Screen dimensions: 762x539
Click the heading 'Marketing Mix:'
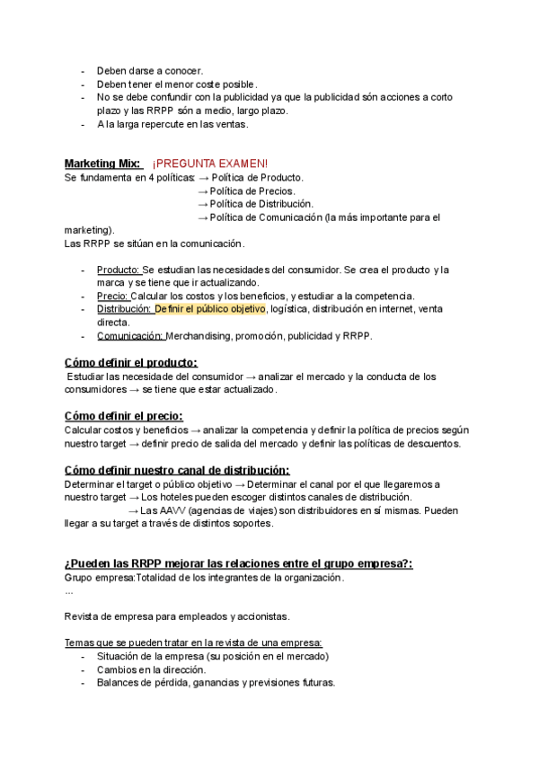pos(102,164)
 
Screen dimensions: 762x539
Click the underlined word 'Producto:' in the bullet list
pos(118,270)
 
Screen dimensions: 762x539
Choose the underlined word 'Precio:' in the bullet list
pos(112,297)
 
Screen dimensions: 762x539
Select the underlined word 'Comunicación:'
pos(129,336)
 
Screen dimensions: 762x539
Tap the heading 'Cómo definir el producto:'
pos(131,362)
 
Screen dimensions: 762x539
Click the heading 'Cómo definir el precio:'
pos(124,416)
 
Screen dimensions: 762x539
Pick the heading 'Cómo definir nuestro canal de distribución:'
pos(177,470)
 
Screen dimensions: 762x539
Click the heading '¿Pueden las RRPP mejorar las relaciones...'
pos(238,563)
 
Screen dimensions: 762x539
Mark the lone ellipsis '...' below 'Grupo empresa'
pos(70,591)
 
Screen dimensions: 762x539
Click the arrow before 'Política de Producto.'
pos(203,178)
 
